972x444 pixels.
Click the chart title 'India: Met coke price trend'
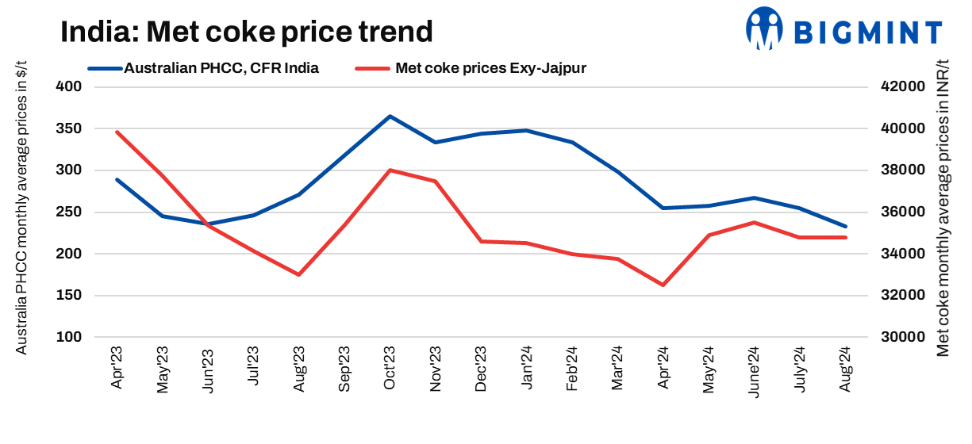tap(247, 32)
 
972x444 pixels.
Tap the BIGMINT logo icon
tap(763, 29)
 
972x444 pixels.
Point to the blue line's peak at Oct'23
tap(390, 117)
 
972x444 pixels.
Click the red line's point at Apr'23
tap(117, 132)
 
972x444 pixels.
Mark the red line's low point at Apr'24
tap(663, 285)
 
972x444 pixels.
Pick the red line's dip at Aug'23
tap(299, 274)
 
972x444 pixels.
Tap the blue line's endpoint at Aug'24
tap(845, 226)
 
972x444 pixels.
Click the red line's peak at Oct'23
tap(390, 170)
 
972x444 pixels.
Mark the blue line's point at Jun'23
tap(209, 224)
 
